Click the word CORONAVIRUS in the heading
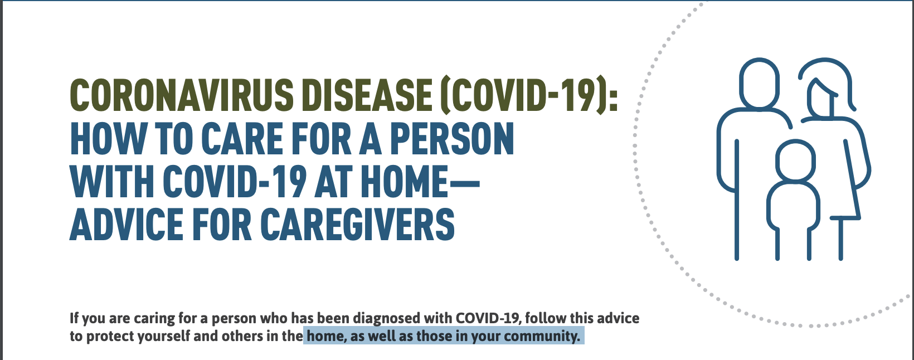[182, 95]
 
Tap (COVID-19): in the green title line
[529, 95]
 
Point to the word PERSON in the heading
[452, 139]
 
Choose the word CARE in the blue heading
[241, 139]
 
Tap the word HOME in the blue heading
[405, 182]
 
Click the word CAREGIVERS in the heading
[357, 224]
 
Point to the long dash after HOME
[464, 182]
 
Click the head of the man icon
[760, 83]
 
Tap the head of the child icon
[796, 160]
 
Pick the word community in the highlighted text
[542, 337]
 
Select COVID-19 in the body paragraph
[488, 318]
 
